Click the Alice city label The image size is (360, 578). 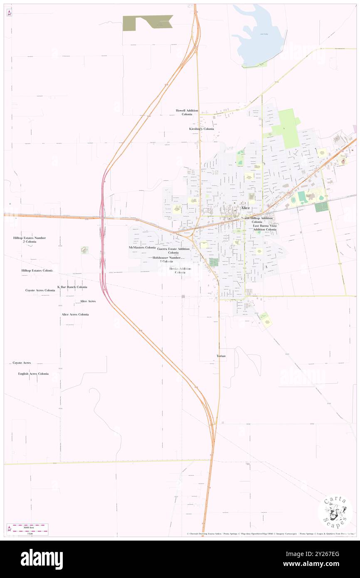[x=245, y=207]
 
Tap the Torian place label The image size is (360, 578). [x=221, y=356]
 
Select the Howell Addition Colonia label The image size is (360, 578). [x=187, y=112]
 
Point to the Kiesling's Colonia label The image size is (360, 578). [x=202, y=129]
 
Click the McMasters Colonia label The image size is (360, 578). [x=142, y=247]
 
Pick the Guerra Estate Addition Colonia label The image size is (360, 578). [x=173, y=250]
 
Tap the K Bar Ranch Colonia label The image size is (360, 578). [x=72, y=287]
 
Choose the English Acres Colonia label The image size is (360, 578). [x=33, y=373]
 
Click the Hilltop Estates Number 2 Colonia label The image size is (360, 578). [x=30, y=240]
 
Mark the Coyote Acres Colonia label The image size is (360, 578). [x=40, y=290]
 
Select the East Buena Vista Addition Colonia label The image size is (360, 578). [x=265, y=227]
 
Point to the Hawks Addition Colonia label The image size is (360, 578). [x=180, y=270]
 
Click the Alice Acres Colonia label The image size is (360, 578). [x=75, y=314]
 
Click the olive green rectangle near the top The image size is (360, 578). [x=148, y=22]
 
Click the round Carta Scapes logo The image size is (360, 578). [x=335, y=512]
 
